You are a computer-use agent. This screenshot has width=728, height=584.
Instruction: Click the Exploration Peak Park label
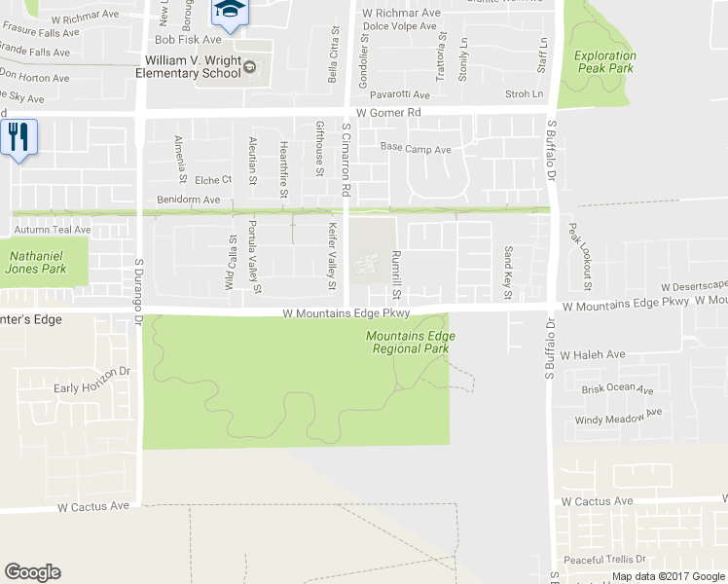(x=603, y=62)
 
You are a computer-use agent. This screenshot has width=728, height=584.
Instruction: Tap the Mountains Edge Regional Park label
(x=410, y=342)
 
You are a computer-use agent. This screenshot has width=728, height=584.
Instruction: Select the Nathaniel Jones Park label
(x=38, y=262)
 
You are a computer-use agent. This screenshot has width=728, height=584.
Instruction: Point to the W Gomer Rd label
(x=387, y=113)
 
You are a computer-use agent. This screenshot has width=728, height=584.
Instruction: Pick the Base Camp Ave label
(x=416, y=150)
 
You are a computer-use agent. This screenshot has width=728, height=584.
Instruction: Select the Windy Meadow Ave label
(x=619, y=418)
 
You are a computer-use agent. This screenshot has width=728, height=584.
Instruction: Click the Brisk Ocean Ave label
(x=622, y=388)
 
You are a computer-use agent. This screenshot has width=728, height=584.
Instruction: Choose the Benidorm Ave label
(x=188, y=200)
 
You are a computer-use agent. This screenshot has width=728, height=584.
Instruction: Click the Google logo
(x=32, y=572)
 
